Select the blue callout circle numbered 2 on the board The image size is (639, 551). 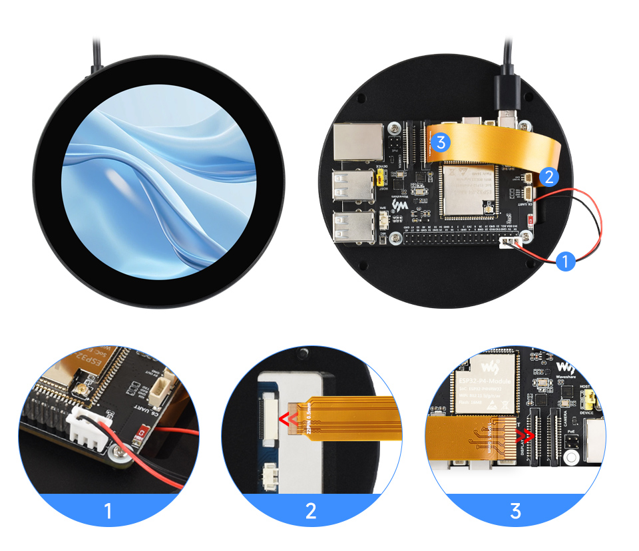tap(548, 176)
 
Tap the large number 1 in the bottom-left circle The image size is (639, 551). tap(108, 511)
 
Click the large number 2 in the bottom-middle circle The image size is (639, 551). tap(311, 511)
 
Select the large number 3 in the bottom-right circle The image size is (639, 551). tap(515, 511)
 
